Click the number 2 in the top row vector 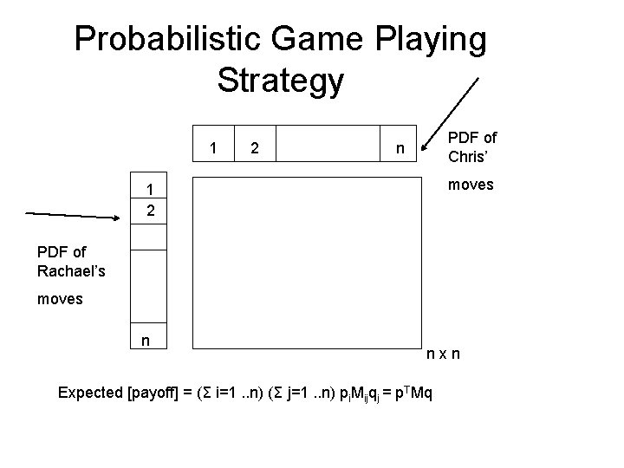(253, 148)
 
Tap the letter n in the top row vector (400, 148)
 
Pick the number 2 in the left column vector (149, 211)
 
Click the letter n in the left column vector (146, 341)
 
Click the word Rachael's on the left (71, 270)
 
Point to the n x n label (442, 354)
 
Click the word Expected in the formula (90, 393)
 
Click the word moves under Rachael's (60, 299)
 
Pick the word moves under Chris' (471, 185)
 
